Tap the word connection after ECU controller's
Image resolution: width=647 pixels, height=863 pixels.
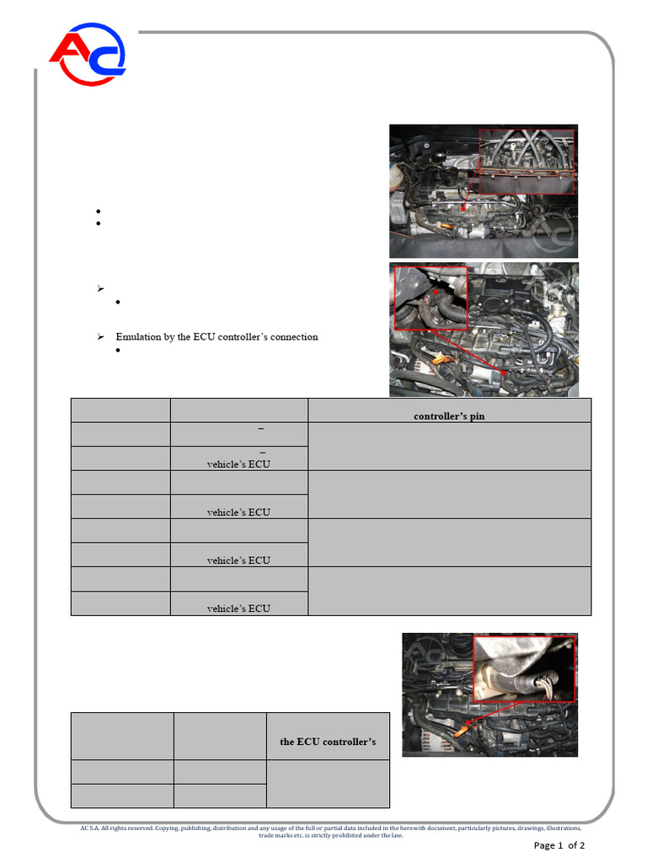tap(291, 337)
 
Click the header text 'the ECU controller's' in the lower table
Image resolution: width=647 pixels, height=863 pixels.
tap(328, 742)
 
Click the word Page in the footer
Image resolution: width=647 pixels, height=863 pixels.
tap(544, 845)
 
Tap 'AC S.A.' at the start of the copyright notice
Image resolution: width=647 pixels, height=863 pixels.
tap(90, 829)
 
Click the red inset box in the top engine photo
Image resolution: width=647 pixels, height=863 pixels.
tap(526, 161)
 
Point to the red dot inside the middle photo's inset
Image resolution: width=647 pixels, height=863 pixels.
tap(436, 292)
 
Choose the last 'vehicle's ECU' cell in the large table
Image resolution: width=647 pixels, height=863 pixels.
tap(238, 608)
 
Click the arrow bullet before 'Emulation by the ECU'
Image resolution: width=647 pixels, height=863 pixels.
tap(99, 337)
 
